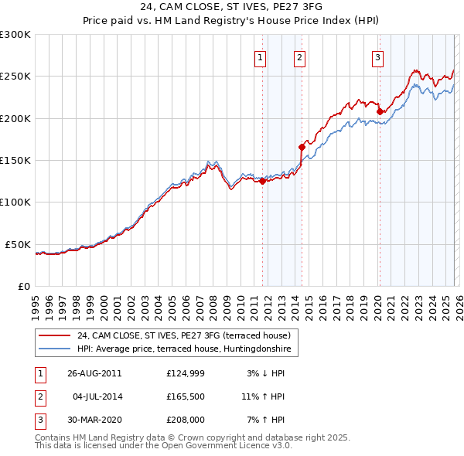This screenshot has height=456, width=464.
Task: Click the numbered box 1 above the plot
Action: (x=260, y=56)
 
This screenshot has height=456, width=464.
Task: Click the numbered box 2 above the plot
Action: (x=299, y=56)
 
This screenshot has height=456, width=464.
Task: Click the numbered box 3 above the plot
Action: (x=377, y=56)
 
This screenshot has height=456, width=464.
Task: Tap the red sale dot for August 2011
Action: (x=262, y=182)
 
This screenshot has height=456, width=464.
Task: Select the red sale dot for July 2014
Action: (x=302, y=146)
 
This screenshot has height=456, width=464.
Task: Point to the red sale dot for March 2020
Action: (x=380, y=111)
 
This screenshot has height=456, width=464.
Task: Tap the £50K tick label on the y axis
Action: (x=18, y=244)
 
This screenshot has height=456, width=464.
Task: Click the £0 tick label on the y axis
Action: (x=23, y=286)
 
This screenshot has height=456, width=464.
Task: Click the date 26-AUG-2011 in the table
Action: (x=94, y=373)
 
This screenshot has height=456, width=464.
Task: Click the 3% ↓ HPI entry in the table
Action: (x=266, y=373)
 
